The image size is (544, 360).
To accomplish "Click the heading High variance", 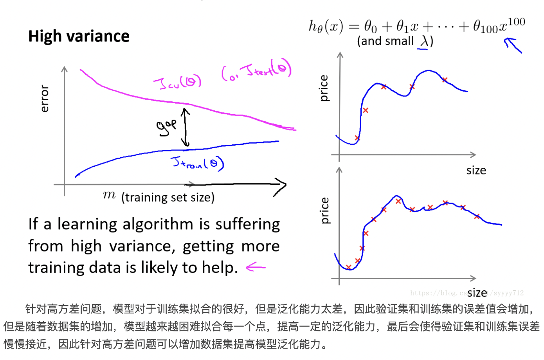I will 79,36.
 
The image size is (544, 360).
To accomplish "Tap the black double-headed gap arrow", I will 186,128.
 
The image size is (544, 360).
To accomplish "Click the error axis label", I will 45,99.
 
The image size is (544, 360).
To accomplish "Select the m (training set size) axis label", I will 159,196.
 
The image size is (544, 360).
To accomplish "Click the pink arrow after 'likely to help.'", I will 256,268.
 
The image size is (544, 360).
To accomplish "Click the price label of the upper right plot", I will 324,88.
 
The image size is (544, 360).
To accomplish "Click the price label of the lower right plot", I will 324,211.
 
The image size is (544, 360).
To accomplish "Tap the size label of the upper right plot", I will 476,170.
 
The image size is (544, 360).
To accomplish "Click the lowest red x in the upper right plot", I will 357,138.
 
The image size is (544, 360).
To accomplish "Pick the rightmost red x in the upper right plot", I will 445,80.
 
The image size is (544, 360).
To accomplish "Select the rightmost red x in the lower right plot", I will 477,216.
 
